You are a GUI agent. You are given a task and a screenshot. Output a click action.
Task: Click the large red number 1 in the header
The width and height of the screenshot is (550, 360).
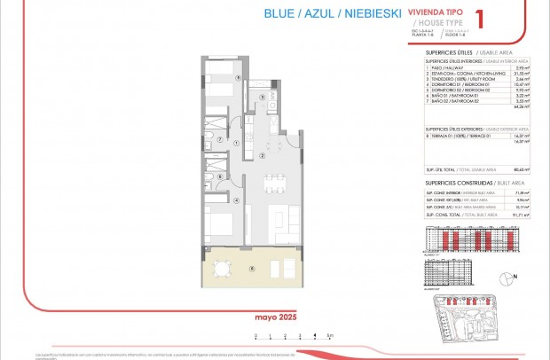point(480,19)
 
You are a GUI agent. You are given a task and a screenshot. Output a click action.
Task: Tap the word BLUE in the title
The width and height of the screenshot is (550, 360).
point(281,14)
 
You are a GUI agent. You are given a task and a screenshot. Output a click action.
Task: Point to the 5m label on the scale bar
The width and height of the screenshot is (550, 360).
point(329,334)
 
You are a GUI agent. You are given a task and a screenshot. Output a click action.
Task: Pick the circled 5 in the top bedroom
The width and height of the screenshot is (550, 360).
point(238,78)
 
